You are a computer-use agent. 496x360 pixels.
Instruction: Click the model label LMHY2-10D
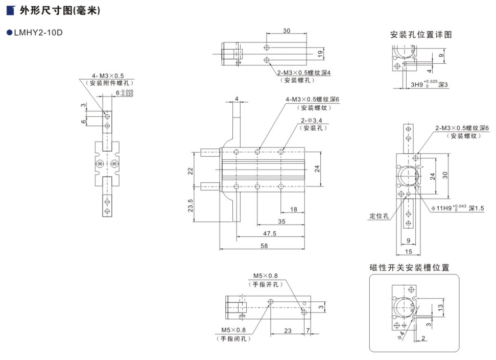(x=38, y=33)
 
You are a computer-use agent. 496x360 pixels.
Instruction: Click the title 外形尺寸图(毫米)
(x=60, y=10)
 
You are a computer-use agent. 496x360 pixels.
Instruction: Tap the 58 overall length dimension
(x=264, y=246)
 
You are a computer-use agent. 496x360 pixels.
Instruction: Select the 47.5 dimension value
(x=270, y=233)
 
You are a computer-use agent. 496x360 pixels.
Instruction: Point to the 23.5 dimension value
(x=191, y=205)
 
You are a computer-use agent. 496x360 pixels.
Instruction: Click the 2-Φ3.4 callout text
(x=311, y=121)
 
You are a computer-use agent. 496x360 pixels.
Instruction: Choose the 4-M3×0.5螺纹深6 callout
(x=312, y=100)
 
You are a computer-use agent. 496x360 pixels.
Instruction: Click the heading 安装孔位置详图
(x=421, y=35)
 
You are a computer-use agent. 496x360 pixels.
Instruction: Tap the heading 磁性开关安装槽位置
(x=409, y=268)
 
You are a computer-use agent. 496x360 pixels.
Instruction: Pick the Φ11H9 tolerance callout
(x=457, y=208)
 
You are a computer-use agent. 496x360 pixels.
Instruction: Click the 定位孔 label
(x=379, y=216)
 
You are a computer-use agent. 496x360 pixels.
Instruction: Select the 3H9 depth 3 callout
(x=429, y=84)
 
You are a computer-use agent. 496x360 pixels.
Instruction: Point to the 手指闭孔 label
(x=233, y=339)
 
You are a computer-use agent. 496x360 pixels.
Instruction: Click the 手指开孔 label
(x=266, y=284)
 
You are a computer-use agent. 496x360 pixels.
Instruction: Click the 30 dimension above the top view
(x=287, y=31)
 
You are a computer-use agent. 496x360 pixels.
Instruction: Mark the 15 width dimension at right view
(x=408, y=252)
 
